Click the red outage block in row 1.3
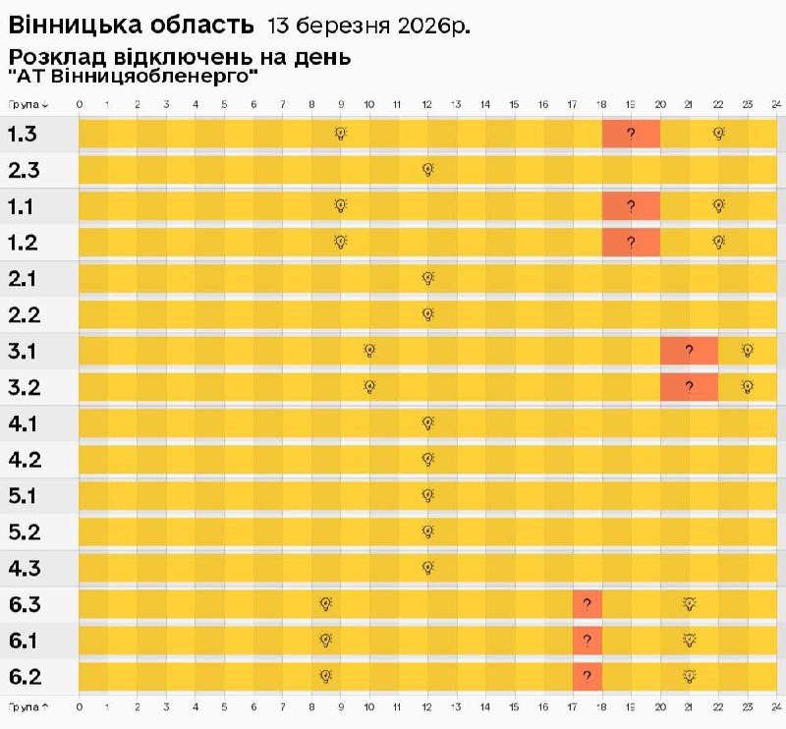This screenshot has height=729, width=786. [x=631, y=134]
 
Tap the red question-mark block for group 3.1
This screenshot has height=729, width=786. [x=689, y=350]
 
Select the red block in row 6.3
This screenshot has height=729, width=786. [x=587, y=603]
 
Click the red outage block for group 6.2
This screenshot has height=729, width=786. [x=587, y=676]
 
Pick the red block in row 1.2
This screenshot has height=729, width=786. [x=631, y=242]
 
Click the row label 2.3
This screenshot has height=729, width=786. [x=24, y=170]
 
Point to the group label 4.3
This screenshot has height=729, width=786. [x=24, y=568]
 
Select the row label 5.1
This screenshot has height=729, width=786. [x=24, y=495]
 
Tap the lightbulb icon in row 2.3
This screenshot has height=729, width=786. [x=427, y=169]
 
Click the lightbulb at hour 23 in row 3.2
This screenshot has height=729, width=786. [x=747, y=386]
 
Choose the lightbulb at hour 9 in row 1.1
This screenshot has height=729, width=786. [x=340, y=205]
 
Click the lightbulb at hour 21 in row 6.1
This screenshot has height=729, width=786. [x=689, y=640]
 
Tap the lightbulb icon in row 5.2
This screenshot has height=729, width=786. [x=427, y=532]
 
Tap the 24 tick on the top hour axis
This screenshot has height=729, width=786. [x=775, y=103]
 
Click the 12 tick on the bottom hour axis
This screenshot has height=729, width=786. [x=427, y=705]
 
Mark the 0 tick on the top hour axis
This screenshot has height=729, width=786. [x=79, y=103]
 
